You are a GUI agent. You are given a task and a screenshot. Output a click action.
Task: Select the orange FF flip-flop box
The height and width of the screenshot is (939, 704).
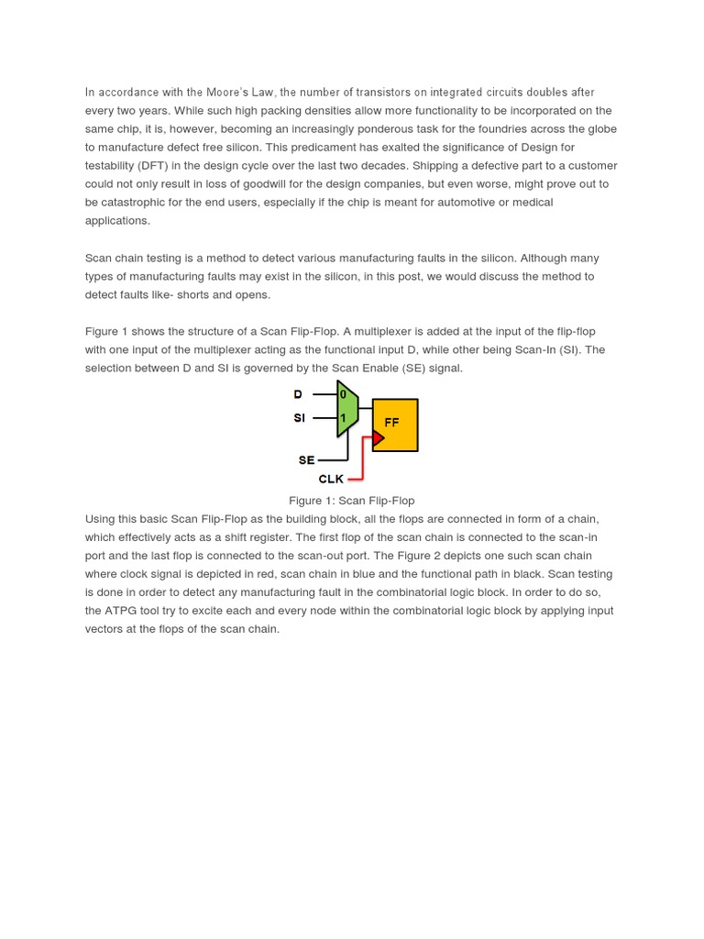395,425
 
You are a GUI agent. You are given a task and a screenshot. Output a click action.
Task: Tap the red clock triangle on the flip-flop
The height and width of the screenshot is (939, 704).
377,438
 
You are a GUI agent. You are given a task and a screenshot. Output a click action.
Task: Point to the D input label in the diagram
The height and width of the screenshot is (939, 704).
298,394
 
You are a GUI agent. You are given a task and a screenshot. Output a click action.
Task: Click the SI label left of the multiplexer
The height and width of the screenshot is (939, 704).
299,418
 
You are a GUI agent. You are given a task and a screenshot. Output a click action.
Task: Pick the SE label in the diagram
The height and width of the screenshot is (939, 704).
306,460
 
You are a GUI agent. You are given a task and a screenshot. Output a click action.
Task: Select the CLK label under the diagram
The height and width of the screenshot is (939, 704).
331,479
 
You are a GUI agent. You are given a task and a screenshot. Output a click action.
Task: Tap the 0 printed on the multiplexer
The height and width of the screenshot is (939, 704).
344,394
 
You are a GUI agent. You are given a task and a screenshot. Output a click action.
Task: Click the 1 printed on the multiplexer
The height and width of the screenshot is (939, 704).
344,418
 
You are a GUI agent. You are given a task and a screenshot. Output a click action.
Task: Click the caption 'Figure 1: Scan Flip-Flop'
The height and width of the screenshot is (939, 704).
351,501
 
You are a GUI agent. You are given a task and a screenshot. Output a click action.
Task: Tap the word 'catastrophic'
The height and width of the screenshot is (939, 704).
135,203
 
